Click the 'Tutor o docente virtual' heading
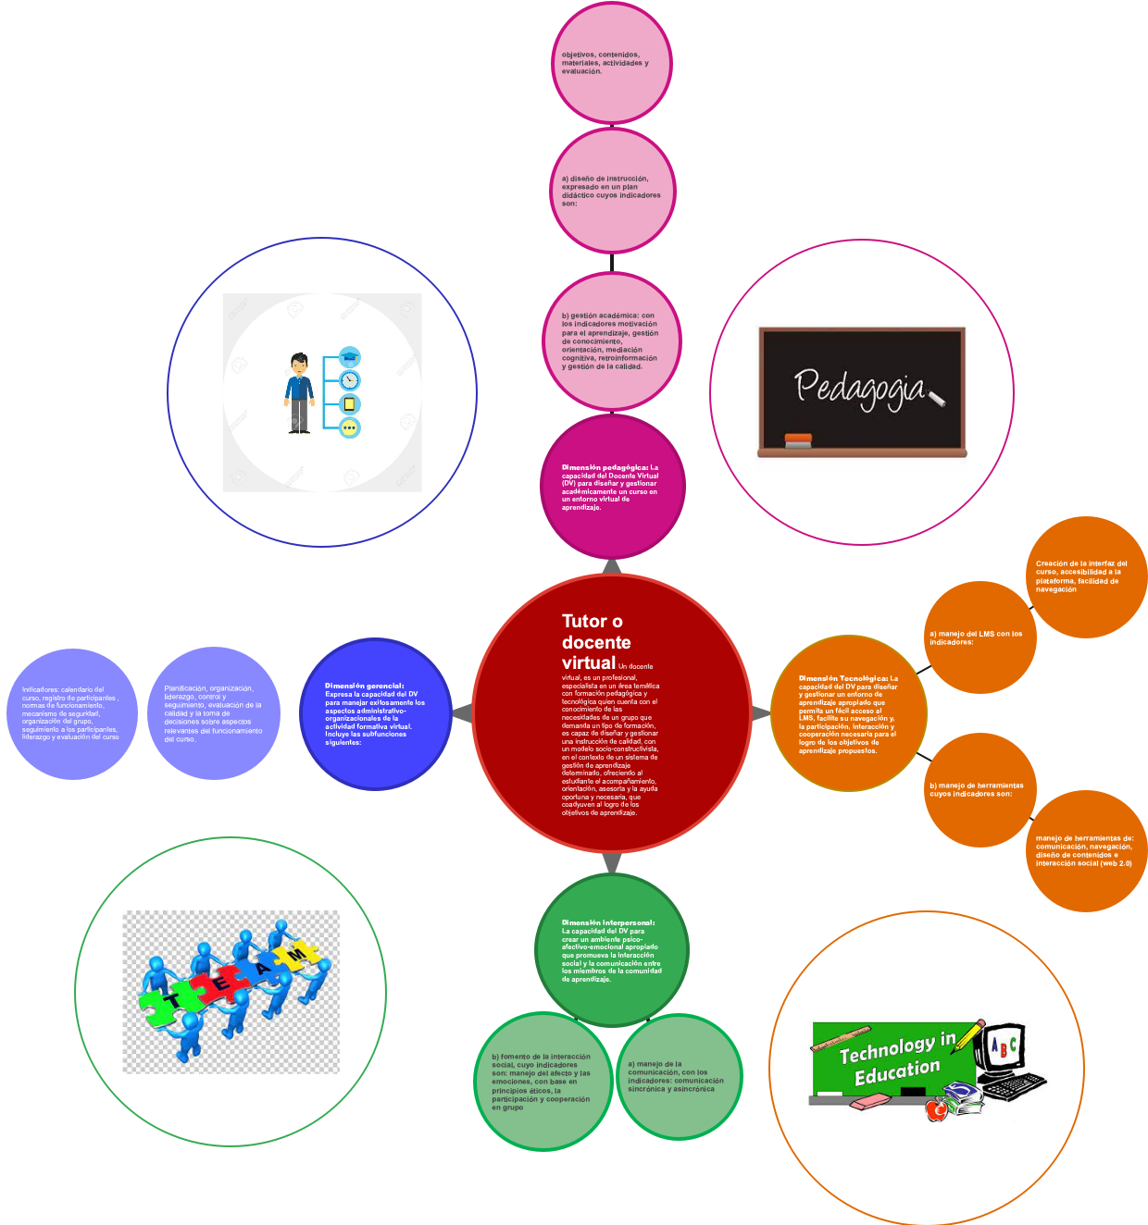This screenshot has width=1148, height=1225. [x=595, y=641]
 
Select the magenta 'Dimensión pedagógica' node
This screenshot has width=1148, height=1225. [x=612, y=487]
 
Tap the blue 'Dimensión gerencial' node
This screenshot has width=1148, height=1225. [x=375, y=713]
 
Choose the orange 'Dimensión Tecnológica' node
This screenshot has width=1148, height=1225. [x=848, y=713]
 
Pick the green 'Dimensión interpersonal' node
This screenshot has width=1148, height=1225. [x=612, y=950]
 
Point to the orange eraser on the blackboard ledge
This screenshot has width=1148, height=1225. [x=797, y=439]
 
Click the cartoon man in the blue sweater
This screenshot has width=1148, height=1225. [x=299, y=393]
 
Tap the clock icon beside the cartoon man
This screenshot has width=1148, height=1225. [x=349, y=381]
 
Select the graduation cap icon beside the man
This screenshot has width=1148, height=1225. [x=349, y=357]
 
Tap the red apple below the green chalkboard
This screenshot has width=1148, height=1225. [x=937, y=1109]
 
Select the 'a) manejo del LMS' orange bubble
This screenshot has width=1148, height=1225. [x=980, y=637]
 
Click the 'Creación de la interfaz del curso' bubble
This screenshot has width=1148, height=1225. [x=1085, y=576]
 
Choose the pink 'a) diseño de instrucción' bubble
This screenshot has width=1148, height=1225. [x=612, y=191]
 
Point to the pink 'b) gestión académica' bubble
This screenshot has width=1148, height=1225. [x=612, y=341]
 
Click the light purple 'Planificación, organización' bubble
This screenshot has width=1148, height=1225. [x=214, y=713]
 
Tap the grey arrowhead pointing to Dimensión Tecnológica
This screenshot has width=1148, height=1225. [x=759, y=713]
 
